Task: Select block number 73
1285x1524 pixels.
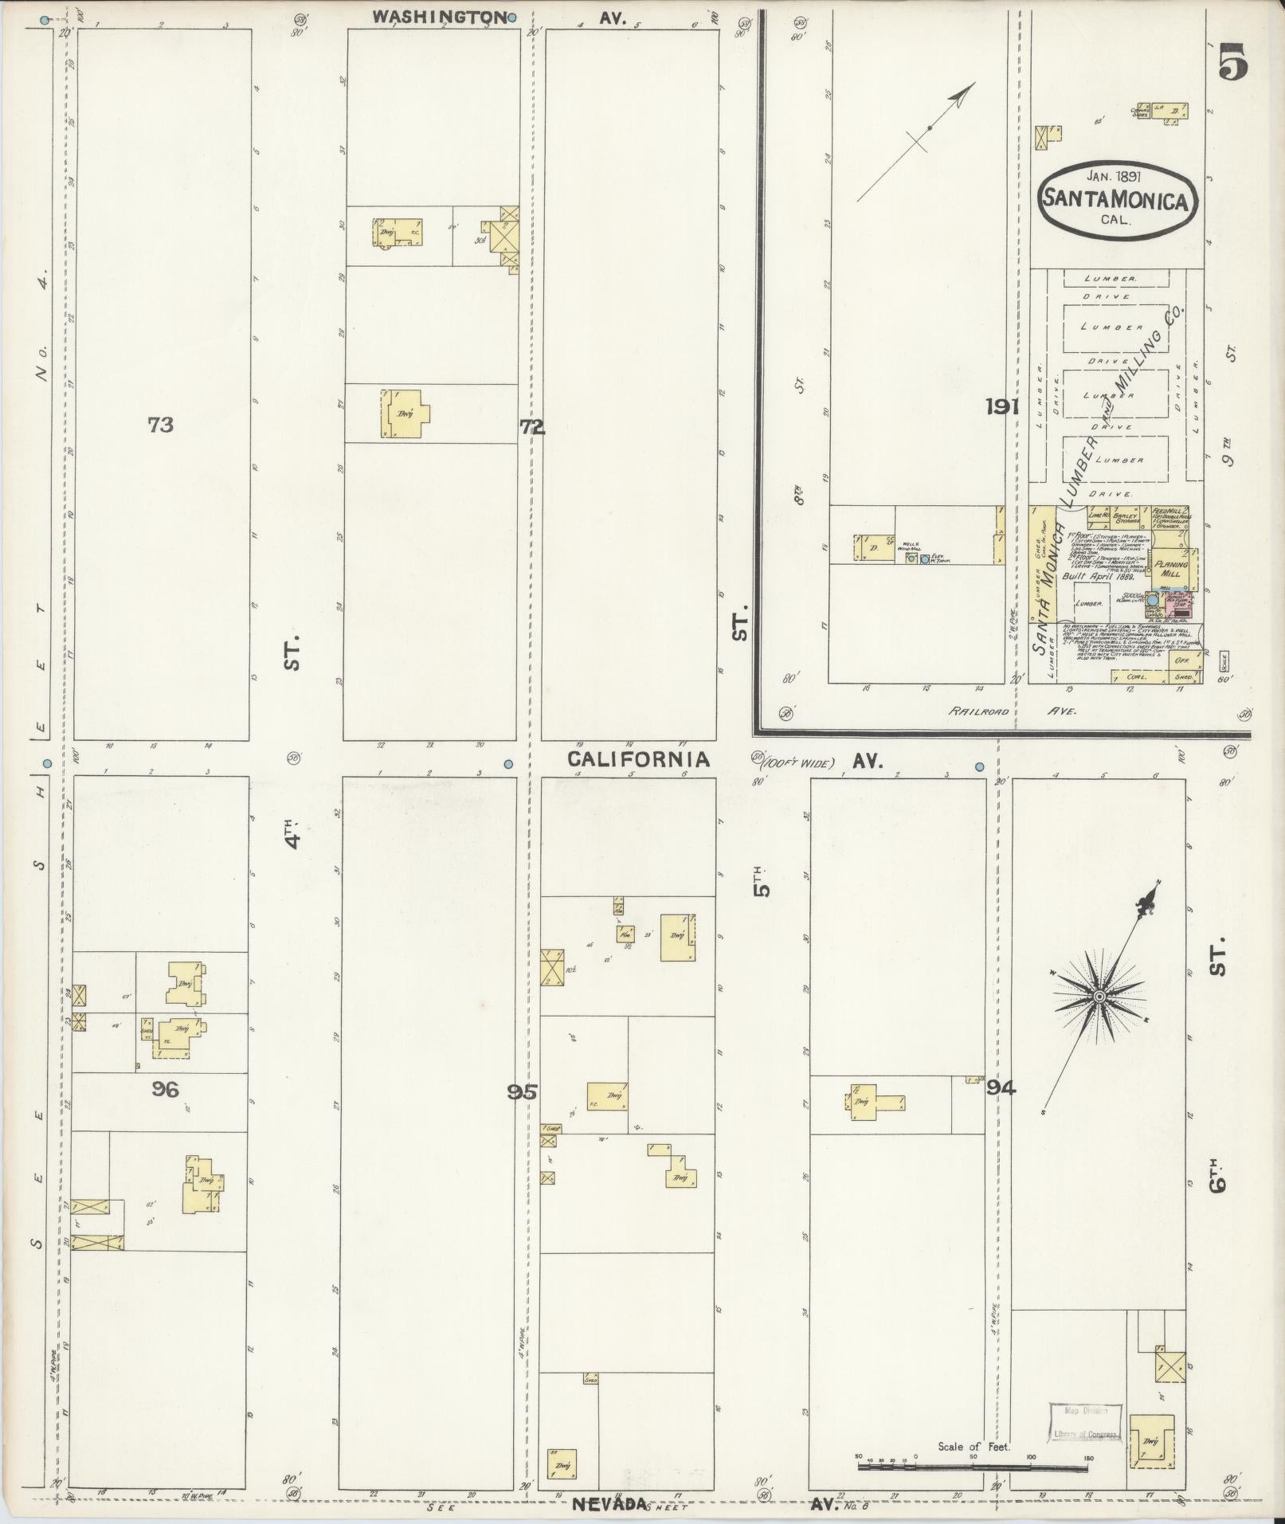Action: (x=160, y=425)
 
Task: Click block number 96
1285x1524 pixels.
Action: (x=165, y=1088)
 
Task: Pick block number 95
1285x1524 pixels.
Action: (x=523, y=1091)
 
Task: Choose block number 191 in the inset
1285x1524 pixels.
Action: (x=1002, y=407)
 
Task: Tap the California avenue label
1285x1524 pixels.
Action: (x=638, y=759)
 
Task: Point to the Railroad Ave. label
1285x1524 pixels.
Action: (x=1012, y=711)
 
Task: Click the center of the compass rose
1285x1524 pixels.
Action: (x=1099, y=997)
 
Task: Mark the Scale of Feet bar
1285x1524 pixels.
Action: (x=974, y=1466)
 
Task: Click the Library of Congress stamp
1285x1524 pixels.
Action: (x=1084, y=1421)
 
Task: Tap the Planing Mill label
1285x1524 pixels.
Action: (x=1171, y=568)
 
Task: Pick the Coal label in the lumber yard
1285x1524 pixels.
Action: (x=1134, y=676)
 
